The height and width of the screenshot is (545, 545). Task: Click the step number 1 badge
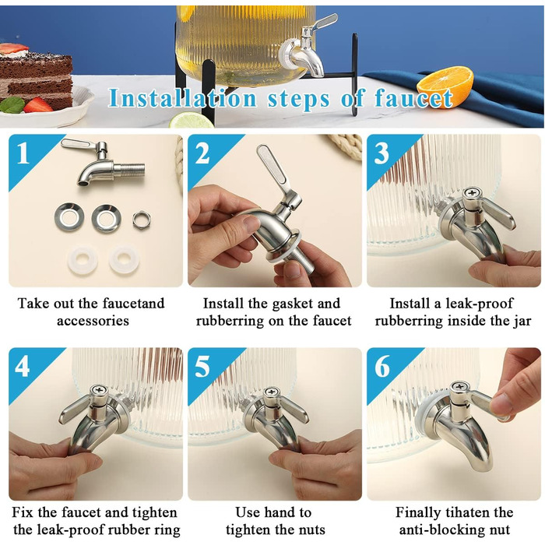coord(23,153)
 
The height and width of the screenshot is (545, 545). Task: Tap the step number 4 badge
coord(23,367)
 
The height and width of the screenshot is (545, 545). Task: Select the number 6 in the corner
coord(382,367)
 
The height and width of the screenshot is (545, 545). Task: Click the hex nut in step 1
coord(142,220)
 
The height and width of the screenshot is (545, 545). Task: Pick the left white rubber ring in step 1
coord(83,259)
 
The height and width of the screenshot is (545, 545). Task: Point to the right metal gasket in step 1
coord(106,218)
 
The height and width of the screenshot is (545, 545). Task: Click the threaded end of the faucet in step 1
coord(129,170)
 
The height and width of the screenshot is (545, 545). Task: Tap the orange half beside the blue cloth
coord(445,87)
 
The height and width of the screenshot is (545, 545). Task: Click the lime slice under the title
coord(192,121)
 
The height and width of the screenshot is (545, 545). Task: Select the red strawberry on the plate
coord(38,104)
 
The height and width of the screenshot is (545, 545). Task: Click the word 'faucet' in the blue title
coord(413,98)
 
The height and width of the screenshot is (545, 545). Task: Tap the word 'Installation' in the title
coord(183,98)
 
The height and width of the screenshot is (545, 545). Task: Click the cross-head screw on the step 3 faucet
coord(472,192)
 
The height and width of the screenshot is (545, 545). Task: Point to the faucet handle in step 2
coord(272,166)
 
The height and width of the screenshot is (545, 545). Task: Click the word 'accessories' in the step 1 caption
coord(93,321)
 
